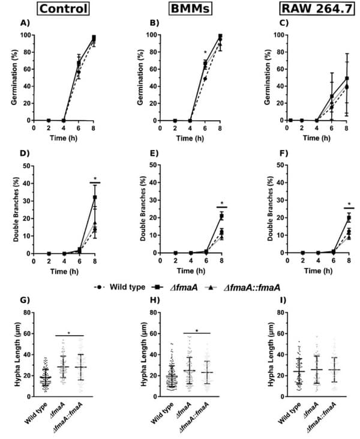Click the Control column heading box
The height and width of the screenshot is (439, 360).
[x=61, y=10]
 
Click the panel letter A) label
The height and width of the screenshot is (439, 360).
[x=25, y=25]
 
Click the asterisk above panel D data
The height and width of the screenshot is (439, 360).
[x=95, y=178]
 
